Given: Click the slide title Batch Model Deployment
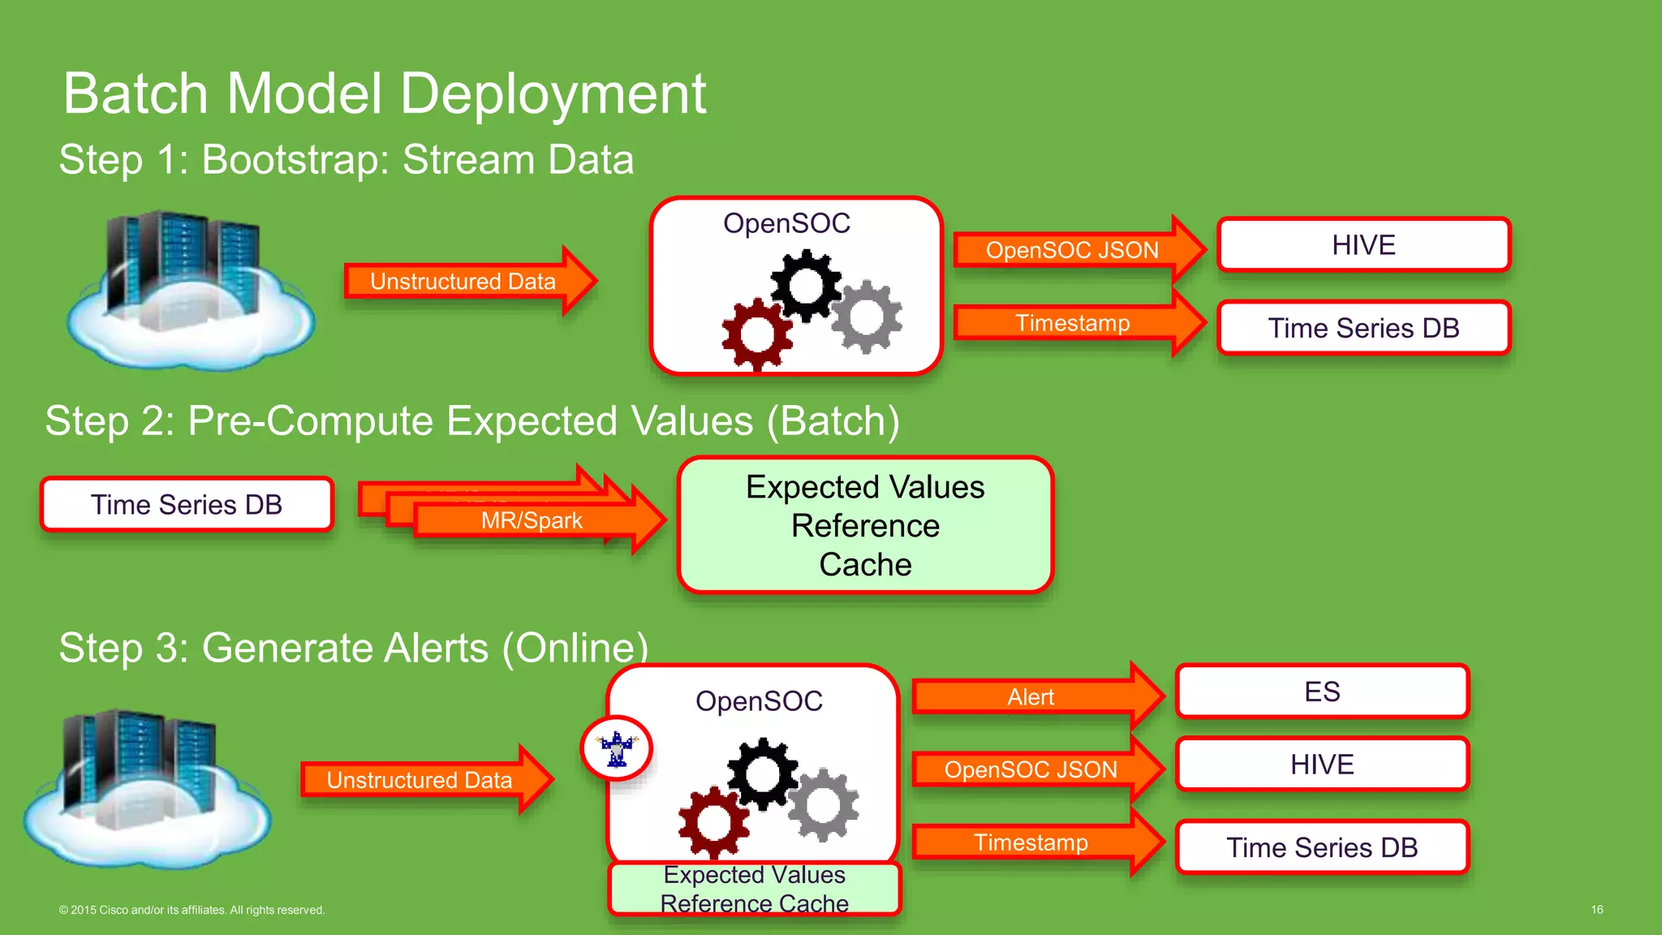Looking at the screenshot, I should point(384,93).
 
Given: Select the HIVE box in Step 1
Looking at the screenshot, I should point(1363,245).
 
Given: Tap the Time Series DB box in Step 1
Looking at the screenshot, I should point(1363,328).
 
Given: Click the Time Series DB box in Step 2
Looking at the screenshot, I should point(187,505).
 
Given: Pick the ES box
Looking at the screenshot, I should point(1322,692).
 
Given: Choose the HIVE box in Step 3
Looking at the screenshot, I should point(1322,765).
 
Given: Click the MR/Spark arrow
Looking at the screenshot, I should point(532,520).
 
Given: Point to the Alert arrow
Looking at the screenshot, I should point(1031,696).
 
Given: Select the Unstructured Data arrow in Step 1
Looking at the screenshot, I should point(463,282).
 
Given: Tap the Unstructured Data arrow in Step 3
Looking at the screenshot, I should point(420,780).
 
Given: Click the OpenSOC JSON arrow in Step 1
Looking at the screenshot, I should point(1072,250).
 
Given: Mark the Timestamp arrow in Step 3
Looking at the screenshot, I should point(1031,842).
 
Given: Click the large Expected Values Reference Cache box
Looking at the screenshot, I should point(865,525).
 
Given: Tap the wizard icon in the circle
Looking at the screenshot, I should point(618,748).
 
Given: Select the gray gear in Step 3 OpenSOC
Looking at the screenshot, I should point(823,804).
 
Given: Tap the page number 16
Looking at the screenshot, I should point(1596,910).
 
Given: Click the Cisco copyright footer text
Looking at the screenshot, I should point(192,910).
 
